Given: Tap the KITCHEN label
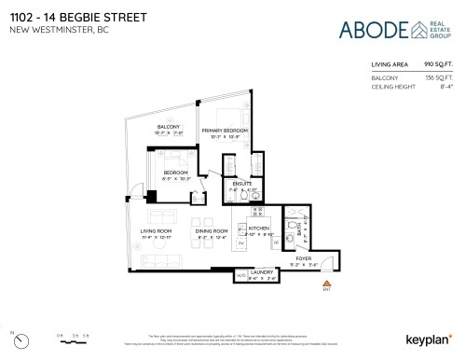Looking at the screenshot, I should (259, 228).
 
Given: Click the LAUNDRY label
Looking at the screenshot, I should (261, 271).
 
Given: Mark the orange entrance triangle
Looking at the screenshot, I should (325, 282).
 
